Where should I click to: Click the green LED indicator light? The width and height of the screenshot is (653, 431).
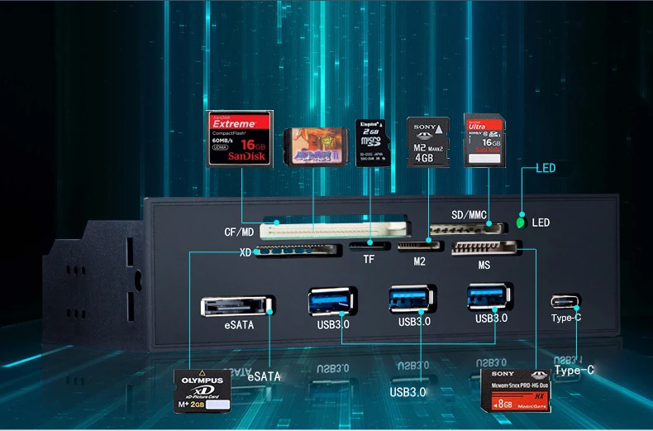click(x=521, y=223)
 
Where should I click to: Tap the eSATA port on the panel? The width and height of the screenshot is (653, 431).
click(x=236, y=305)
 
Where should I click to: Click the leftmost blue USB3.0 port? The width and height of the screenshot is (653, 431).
click(x=331, y=299)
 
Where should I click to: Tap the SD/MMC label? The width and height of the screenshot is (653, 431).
click(x=468, y=215)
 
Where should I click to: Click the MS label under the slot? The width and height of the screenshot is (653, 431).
click(x=484, y=266)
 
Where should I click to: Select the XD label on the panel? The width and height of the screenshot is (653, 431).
click(x=245, y=252)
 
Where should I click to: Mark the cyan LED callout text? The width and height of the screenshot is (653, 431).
click(x=546, y=168)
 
